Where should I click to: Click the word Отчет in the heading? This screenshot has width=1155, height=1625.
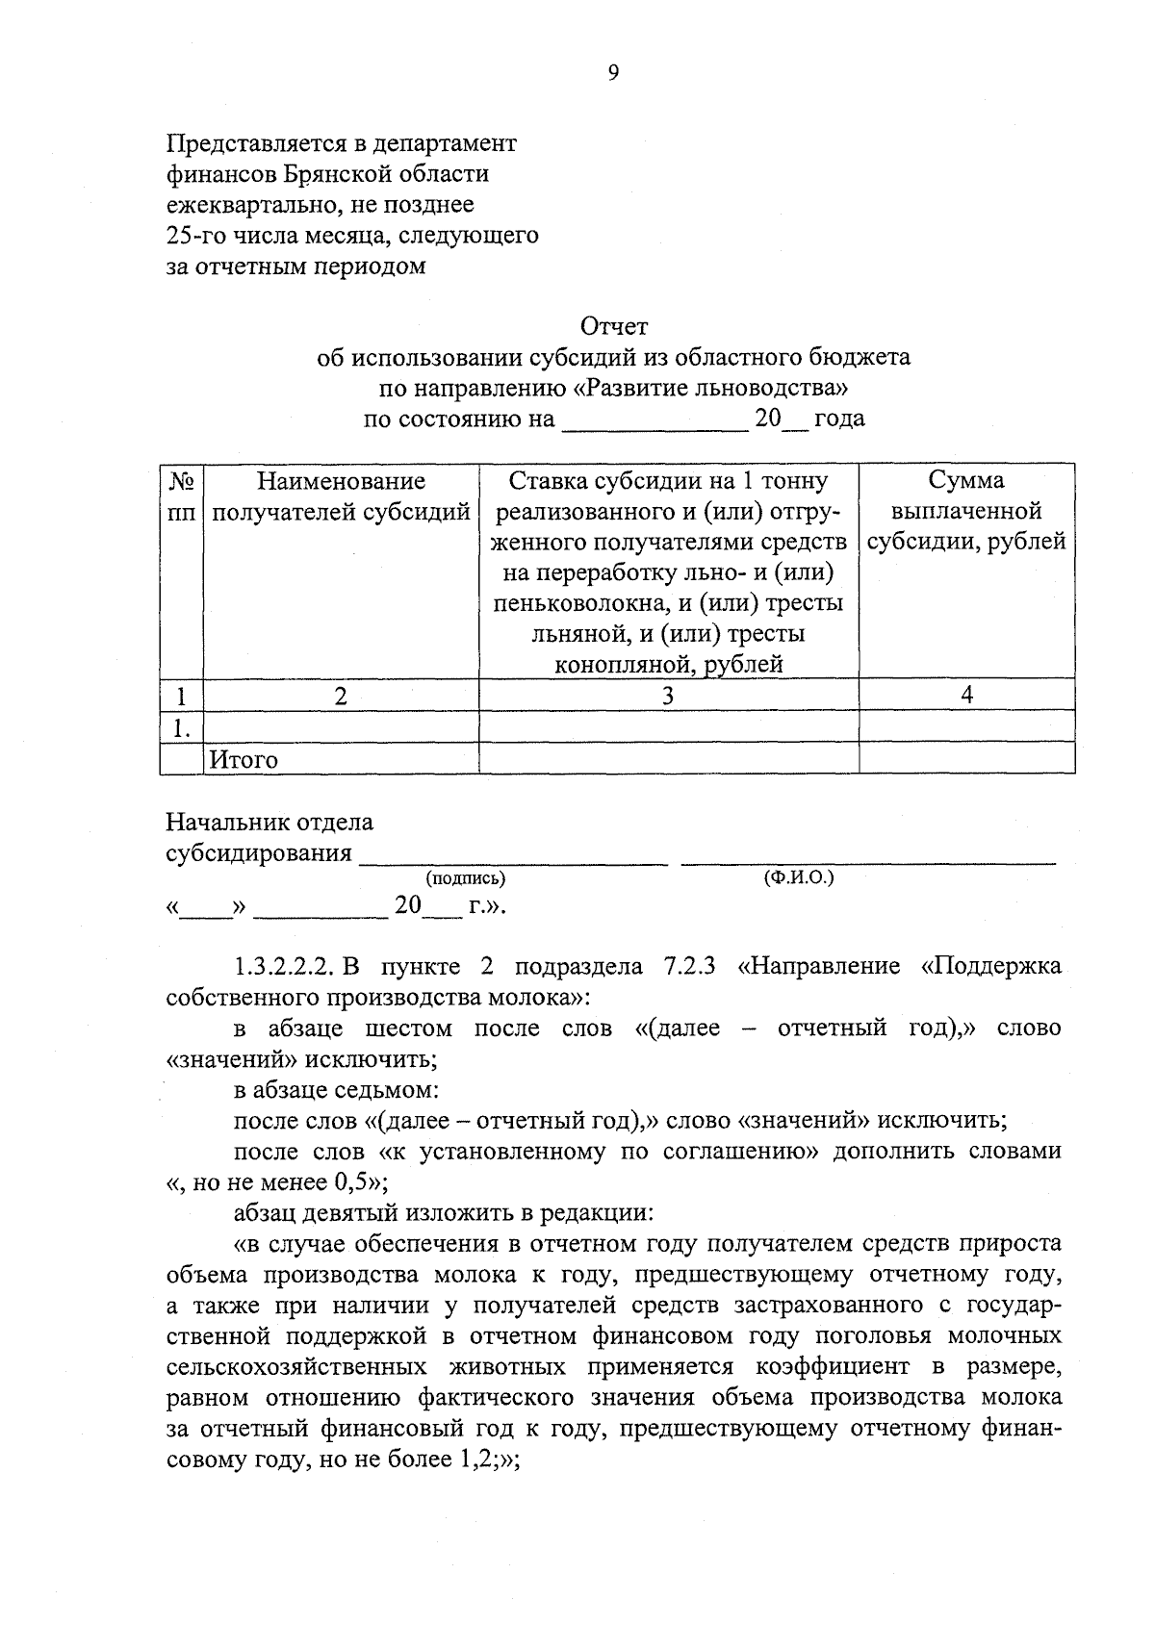(613, 327)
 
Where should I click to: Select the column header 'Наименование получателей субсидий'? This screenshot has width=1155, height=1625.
(341, 496)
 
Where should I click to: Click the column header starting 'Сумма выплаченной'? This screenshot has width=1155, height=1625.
(966, 511)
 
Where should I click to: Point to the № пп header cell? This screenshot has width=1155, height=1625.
(181, 496)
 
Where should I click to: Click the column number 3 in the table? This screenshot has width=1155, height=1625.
(668, 696)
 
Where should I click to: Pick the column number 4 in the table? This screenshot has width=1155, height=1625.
(967, 695)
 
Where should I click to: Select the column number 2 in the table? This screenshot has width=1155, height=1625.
(341, 696)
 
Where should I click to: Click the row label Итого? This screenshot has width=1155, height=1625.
(244, 759)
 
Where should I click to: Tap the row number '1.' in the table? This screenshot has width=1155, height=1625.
(180, 728)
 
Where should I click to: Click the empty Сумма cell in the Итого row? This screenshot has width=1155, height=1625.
(966, 758)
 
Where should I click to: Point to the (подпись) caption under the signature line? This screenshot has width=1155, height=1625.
(465, 877)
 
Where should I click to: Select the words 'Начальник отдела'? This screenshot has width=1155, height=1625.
(269, 823)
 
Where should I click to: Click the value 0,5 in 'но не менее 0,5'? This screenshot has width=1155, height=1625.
(351, 1182)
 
